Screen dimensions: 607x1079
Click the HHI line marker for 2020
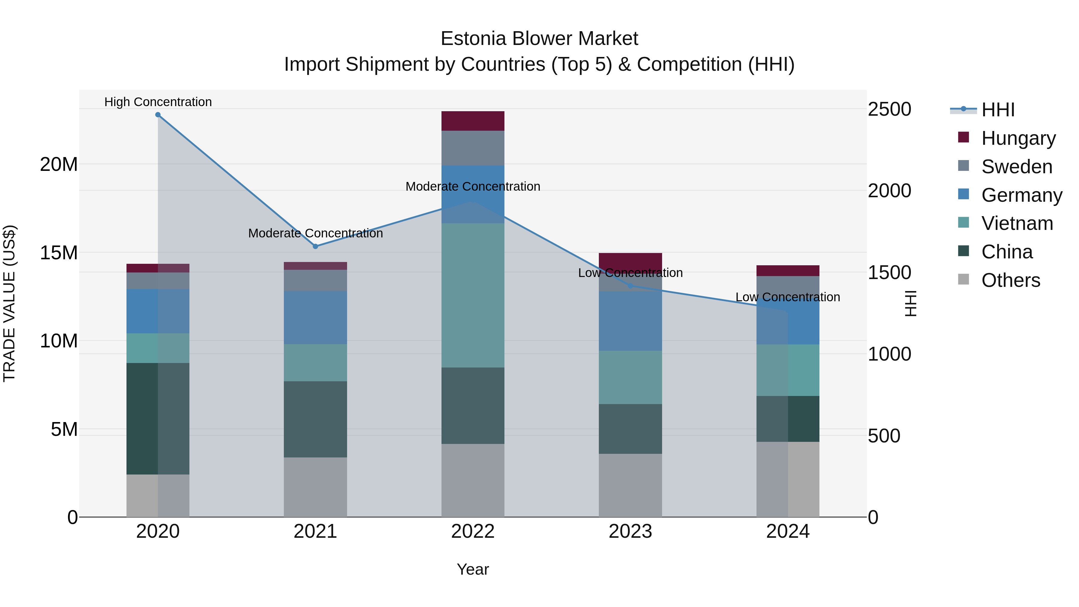point(158,115)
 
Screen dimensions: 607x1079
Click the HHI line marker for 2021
point(315,246)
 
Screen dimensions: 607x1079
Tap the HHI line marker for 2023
point(630,286)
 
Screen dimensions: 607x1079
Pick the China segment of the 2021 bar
point(315,419)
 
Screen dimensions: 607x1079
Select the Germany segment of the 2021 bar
point(315,317)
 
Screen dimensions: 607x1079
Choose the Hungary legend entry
point(1018,138)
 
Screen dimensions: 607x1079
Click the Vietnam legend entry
point(1017,223)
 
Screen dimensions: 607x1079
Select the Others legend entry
point(1010,280)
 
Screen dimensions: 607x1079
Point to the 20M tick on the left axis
point(59,164)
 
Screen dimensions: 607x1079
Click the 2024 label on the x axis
point(787,531)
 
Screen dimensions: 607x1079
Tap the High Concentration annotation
point(158,102)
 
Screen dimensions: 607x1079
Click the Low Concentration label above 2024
point(787,297)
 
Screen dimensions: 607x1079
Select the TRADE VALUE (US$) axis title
point(9,303)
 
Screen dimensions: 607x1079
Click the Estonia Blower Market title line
point(539,39)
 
